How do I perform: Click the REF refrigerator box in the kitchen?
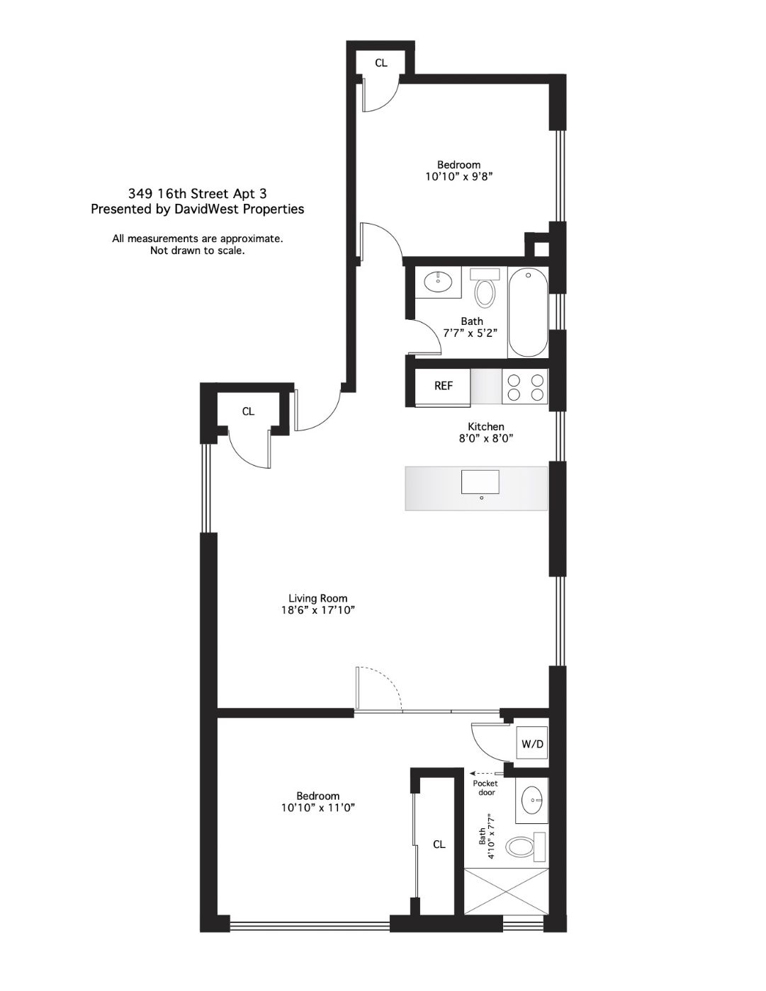442,386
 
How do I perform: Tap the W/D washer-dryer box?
532,745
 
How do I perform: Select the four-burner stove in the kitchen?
525,386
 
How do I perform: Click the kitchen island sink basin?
480,482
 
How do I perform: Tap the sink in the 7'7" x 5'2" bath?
438,282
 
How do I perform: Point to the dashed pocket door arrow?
487,773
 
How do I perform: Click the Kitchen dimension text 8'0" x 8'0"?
485,439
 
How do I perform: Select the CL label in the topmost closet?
381,63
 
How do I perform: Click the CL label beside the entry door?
248,411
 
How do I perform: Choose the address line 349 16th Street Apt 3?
197,194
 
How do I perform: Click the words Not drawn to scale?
197,251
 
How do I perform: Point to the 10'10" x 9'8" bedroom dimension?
459,176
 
